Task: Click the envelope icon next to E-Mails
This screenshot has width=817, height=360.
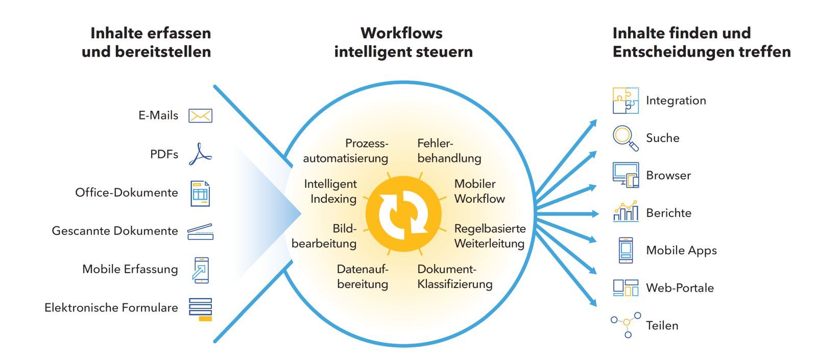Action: tap(200, 116)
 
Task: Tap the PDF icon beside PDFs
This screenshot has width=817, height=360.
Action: tap(200, 154)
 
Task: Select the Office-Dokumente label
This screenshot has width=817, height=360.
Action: tap(127, 193)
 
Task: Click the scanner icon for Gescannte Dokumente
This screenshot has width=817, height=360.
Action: tap(200, 231)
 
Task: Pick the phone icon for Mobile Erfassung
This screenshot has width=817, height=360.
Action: tap(201, 270)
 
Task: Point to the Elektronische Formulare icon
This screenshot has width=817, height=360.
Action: tap(200, 309)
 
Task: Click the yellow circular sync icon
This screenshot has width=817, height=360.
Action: tap(403, 213)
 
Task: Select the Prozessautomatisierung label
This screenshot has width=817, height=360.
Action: tap(346, 151)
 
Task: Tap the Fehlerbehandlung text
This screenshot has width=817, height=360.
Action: tap(449, 151)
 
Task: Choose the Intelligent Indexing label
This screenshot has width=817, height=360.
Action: tap(330, 191)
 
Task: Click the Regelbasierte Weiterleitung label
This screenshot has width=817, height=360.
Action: tap(490, 236)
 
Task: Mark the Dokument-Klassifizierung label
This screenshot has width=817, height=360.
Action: tap(454, 276)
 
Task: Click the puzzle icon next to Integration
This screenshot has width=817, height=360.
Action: tap(626, 101)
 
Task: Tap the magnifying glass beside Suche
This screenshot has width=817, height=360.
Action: tap(626, 138)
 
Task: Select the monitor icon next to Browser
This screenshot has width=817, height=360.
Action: tap(626, 175)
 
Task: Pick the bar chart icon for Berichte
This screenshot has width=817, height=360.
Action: tap(626, 211)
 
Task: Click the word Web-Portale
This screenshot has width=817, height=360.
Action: tap(680, 288)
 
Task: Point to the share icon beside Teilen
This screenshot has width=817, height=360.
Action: tap(626, 324)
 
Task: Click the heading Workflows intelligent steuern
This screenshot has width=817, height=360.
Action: tap(403, 42)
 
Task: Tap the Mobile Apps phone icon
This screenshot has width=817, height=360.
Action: tap(626, 250)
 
